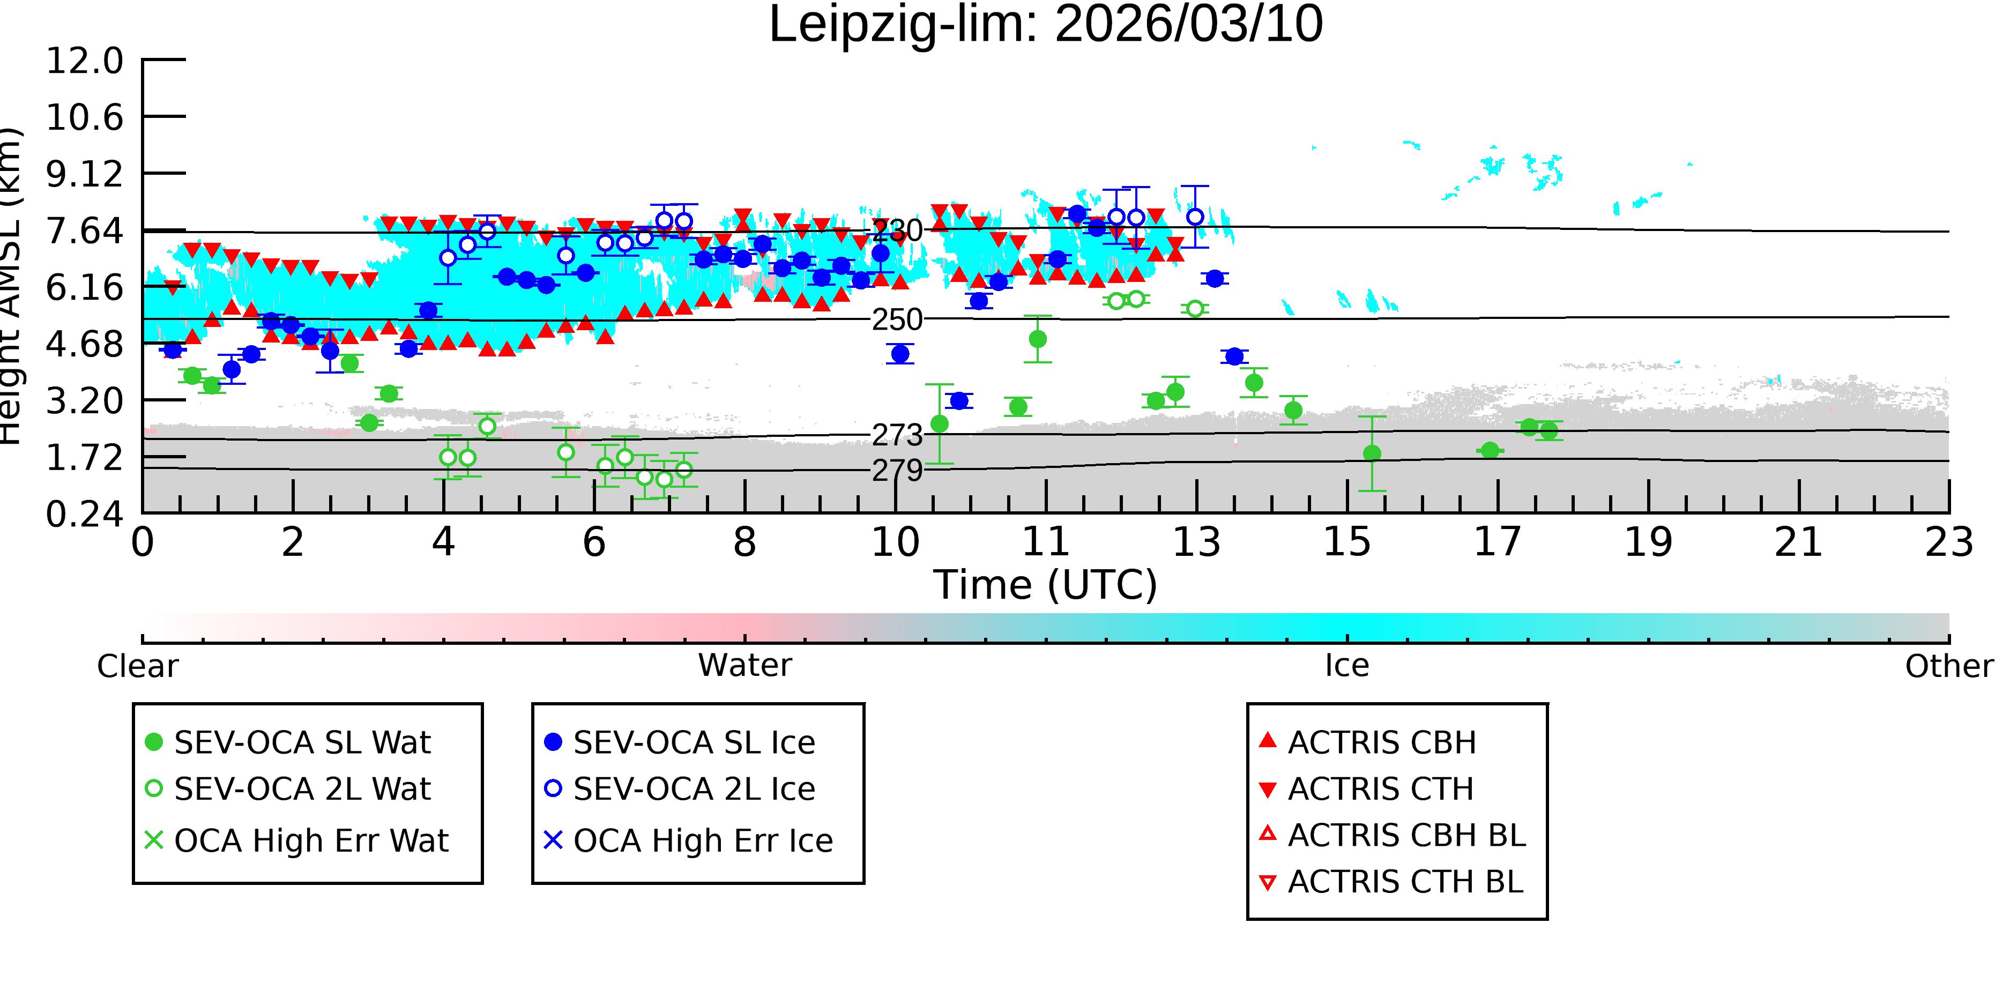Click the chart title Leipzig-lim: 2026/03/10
tap(1046, 25)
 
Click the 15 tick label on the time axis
tap(1348, 542)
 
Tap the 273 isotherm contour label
tap(897, 435)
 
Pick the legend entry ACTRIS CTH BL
tap(1391, 882)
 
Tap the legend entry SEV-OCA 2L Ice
tap(680, 789)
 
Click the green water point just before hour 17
tap(1490, 451)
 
